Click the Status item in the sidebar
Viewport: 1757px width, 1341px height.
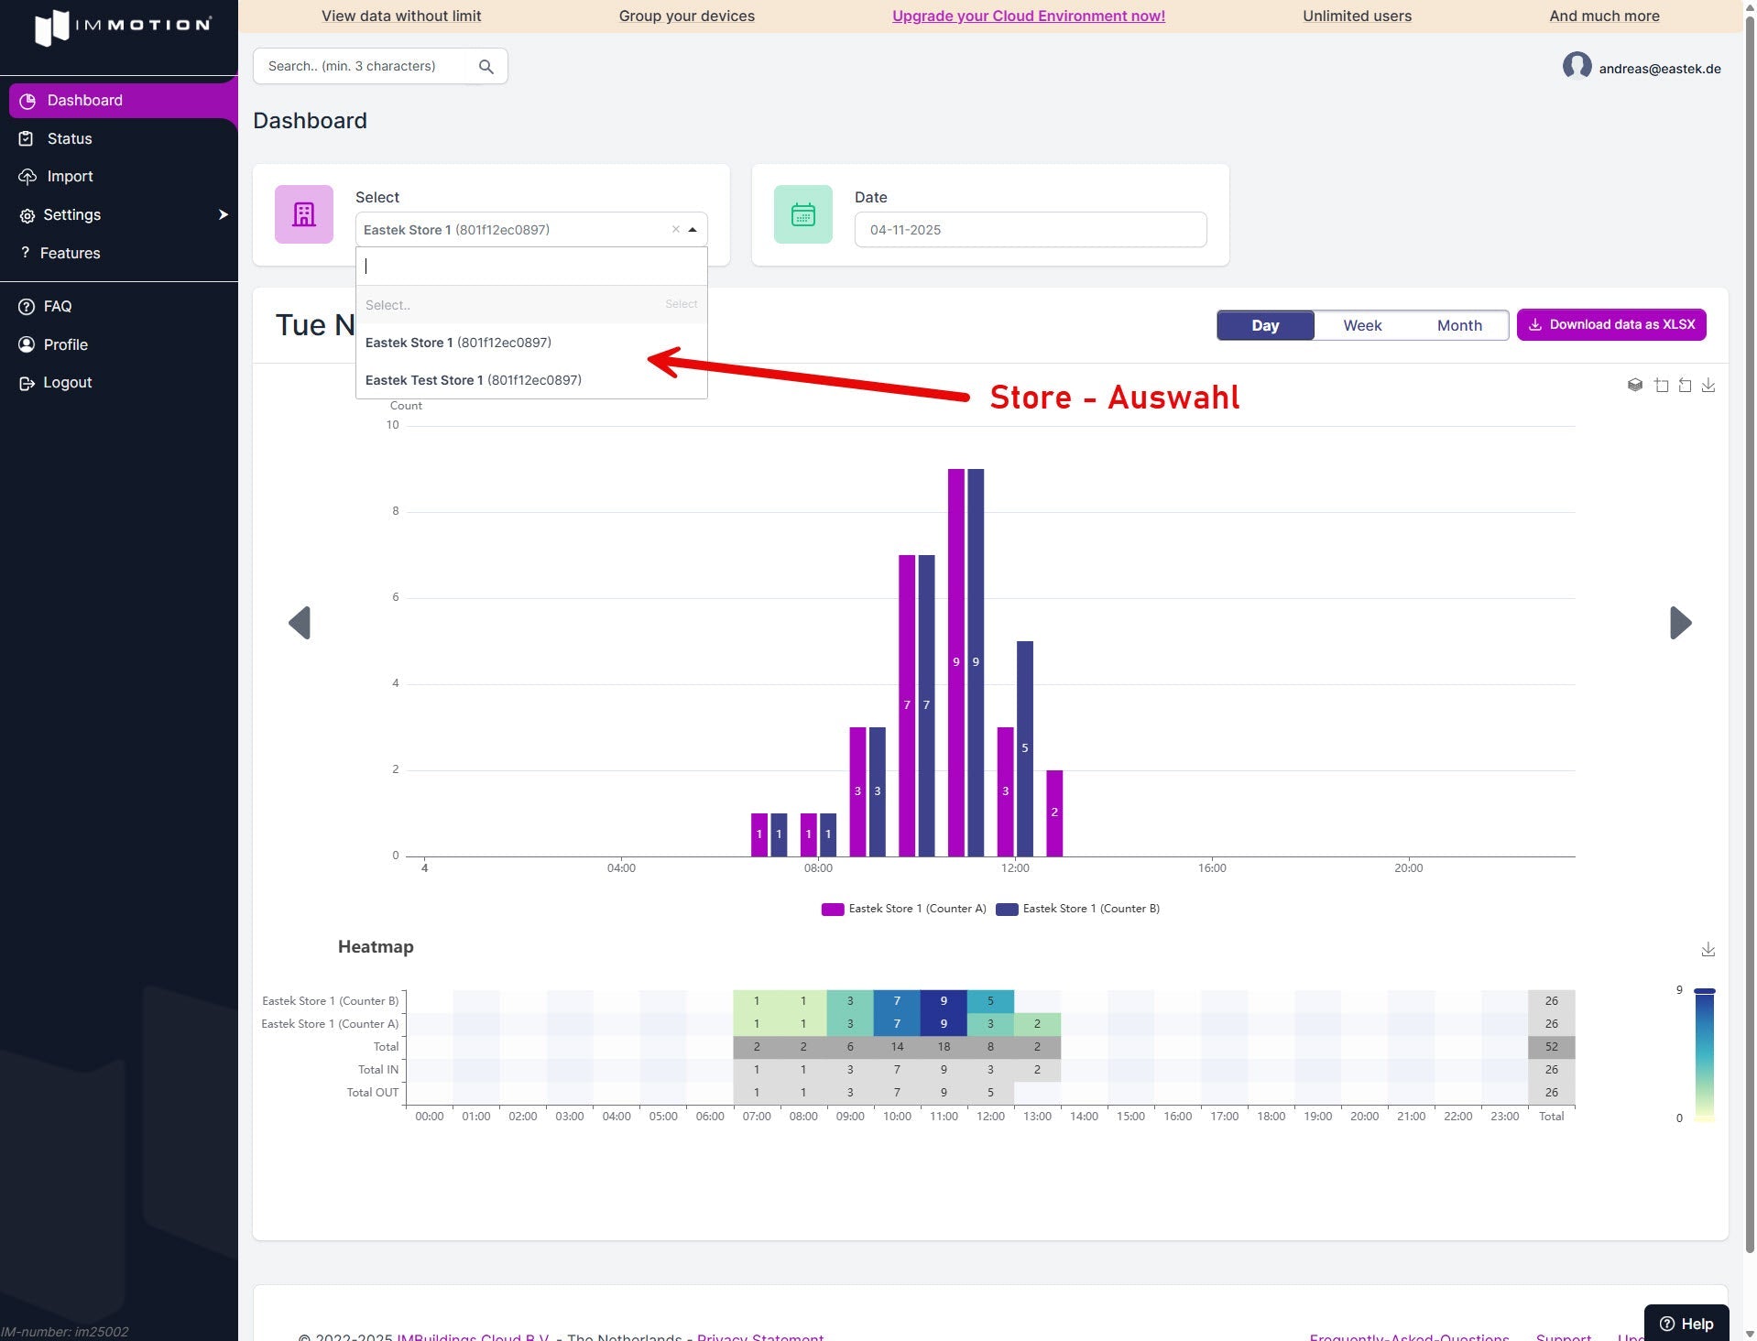point(70,138)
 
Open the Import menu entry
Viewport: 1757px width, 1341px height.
point(70,177)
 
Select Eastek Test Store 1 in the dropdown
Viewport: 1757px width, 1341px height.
point(473,380)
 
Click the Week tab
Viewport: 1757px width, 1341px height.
point(1362,325)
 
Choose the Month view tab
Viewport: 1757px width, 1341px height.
point(1458,325)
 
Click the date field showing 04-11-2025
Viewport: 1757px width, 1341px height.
point(1030,230)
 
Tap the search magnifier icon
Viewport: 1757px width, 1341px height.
point(486,67)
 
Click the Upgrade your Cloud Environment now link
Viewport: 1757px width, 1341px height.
point(1028,16)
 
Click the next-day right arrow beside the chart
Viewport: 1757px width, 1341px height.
point(1680,623)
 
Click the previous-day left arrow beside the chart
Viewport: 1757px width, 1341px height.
point(300,623)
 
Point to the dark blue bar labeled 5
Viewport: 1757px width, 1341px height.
point(1025,747)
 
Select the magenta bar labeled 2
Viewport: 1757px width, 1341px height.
point(1054,812)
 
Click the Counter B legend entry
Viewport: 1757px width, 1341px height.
point(1078,909)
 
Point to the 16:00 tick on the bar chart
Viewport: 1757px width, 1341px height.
point(1211,867)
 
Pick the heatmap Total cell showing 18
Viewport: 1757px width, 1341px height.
point(944,1047)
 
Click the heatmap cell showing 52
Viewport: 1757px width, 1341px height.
point(1551,1047)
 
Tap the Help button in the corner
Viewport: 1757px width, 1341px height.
point(1686,1324)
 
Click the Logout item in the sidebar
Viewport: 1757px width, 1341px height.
point(67,383)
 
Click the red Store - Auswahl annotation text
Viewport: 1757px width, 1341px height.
point(1114,398)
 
